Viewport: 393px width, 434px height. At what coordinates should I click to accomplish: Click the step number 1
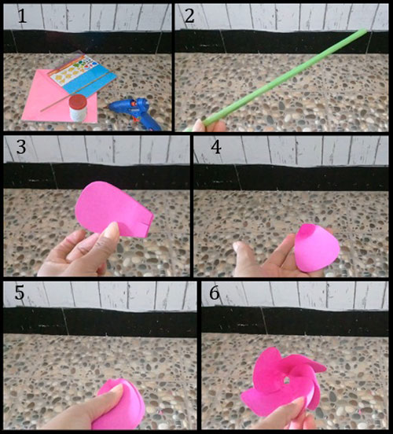(x=22, y=16)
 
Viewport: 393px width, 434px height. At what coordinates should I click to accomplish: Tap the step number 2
(x=189, y=16)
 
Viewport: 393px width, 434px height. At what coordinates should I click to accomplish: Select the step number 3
(x=21, y=147)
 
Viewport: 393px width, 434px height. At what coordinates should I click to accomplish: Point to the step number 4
(x=216, y=147)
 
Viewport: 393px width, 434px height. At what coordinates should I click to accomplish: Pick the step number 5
(x=20, y=292)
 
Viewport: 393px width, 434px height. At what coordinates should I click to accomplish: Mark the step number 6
(x=215, y=292)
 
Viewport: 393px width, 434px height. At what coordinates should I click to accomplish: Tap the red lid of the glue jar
(x=78, y=101)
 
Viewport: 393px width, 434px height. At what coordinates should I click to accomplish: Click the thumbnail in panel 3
(x=112, y=229)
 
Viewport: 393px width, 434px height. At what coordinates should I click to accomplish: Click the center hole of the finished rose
(x=286, y=380)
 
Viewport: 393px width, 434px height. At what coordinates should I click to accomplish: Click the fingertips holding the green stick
(x=200, y=125)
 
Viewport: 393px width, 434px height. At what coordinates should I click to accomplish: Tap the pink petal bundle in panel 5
(x=122, y=404)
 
